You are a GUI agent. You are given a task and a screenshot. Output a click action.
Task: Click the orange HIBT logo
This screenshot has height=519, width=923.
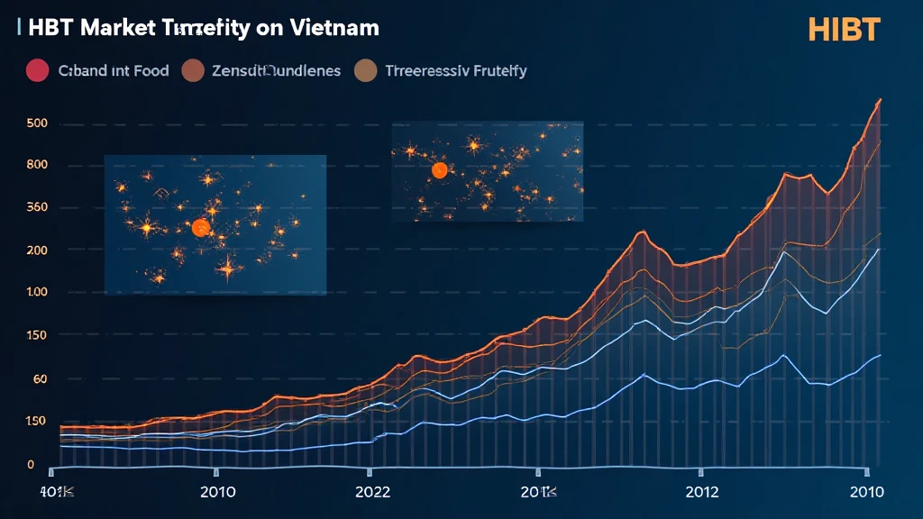[845, 29]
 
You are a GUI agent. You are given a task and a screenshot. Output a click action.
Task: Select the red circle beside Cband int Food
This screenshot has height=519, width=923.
[37, 70]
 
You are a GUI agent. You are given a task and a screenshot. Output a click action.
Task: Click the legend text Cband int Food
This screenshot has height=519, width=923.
[114, 70]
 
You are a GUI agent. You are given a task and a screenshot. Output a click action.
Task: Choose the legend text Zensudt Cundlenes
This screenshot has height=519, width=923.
[275, 70]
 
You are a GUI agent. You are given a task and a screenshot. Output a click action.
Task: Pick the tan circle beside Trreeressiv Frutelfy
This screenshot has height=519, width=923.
[366, 70]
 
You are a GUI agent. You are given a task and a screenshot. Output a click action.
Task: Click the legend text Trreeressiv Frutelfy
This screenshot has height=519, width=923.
[455, 70]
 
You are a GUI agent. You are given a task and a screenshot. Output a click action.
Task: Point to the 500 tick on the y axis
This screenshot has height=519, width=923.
[37, 123]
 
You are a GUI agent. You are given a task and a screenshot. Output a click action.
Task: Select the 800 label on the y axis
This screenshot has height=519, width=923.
[37, 165]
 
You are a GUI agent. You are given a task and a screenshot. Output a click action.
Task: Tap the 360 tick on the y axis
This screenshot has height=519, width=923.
[37, 208]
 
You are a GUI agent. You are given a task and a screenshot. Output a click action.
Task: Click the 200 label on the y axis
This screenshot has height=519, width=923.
[37, 250]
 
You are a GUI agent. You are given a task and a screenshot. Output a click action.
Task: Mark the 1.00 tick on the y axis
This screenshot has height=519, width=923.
[37, 293]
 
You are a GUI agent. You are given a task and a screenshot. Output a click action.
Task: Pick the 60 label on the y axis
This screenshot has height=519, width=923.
[39, 379]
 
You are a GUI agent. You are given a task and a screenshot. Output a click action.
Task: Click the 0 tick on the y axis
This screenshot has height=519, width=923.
[31, 465]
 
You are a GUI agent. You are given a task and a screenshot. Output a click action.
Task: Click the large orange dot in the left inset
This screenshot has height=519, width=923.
[200, 228]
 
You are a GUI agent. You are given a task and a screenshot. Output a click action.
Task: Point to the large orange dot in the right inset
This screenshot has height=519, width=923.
[440, 170]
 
